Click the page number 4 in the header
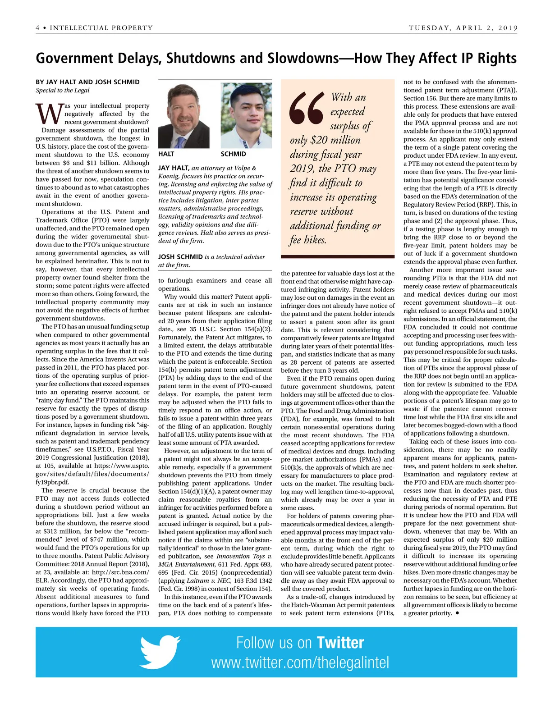click(x=38, y=28)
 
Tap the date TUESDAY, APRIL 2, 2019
click(x=463, y=28)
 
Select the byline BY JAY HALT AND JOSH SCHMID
click(x=87, y=82)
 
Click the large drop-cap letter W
click(x=48, y=114)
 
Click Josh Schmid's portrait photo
click(x=246, y=116)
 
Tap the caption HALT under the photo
click(x=166, y=154)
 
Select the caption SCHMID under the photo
click(x=233, y=154)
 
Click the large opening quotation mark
click(x=307, y=108)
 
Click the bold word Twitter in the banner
click(x=340, y=643)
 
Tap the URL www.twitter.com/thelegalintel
click(x=300, y=663)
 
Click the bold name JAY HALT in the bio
click(x=174, y=168)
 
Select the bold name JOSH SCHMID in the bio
click(x=180, y=257)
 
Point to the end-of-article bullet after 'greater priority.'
click(x=458, y=613)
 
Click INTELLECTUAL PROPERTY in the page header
click(x=101, y=28)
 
